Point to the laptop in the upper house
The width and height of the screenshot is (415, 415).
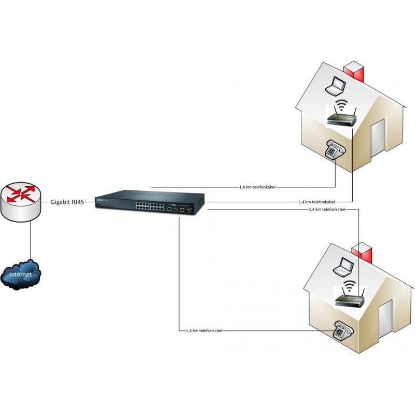click(336, 86)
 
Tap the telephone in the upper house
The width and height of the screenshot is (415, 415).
click(335, 149)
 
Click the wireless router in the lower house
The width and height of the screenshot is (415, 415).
click(351, 299)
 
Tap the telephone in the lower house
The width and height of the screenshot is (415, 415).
click(343, 329)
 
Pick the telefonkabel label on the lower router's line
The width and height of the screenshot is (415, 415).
click(327, 210)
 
